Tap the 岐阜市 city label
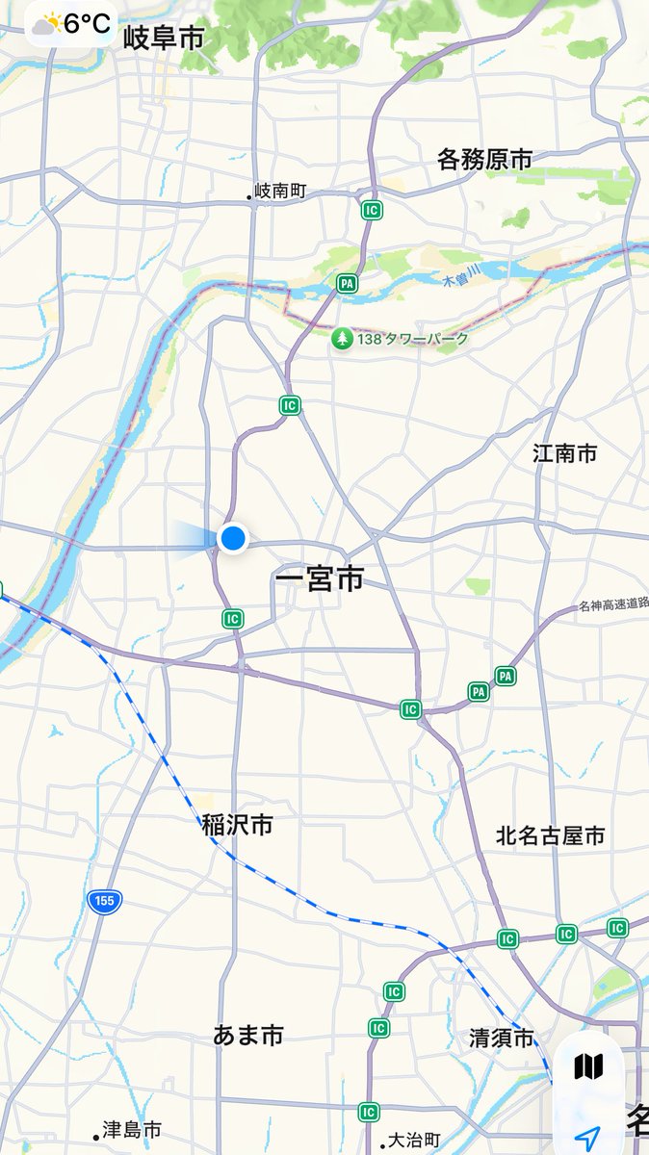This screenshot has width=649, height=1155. point(164,38)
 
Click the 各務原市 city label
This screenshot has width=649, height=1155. point(484,159)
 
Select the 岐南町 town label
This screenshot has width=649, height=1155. point(279,192)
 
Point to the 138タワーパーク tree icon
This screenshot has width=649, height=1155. point(342,339)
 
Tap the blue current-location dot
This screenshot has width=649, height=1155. point(233,538)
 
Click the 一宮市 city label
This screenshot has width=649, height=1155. point(320,579)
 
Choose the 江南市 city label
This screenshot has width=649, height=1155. point(565,453)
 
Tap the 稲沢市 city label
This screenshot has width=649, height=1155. point(237,825)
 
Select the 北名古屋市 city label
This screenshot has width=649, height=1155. point(551,835)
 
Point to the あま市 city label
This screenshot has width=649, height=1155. point(248,1036)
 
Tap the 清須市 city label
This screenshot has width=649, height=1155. point(501,1039)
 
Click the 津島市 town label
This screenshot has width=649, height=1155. point(133,1130)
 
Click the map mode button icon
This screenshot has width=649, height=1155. point(588,1066)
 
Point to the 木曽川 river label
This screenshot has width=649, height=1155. point(460,282)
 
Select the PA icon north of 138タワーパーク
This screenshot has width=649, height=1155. point(347,283)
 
